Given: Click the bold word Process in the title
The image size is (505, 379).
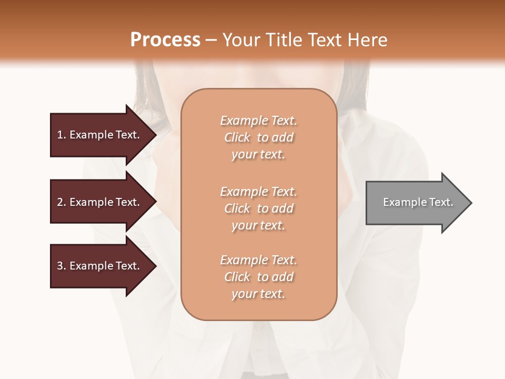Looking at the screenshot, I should tap(165, 40).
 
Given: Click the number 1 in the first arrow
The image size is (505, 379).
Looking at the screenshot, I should tap(60, 135).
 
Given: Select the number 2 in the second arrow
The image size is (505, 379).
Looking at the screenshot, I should tap(60, 202).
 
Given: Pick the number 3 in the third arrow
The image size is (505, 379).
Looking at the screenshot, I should tap(60, 266).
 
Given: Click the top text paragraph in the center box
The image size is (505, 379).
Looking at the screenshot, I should tap(258, 137).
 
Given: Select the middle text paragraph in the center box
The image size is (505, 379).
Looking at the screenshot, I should tap(258, 208).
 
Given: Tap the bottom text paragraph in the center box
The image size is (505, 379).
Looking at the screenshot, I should tap(258, 277).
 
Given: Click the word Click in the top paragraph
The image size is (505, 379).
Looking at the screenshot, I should tap(237, 137).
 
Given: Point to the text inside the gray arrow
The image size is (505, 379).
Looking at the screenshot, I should tap(418, 202).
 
